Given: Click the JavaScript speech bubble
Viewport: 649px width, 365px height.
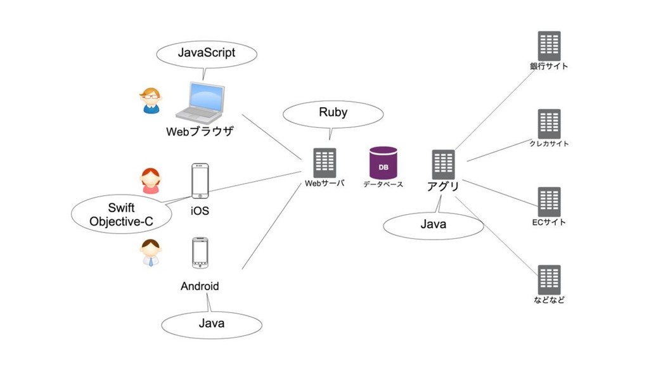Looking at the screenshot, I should [207, 53].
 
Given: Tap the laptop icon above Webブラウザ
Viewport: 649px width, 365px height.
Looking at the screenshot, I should [200, 101].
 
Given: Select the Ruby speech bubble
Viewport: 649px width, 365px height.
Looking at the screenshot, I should [333, 113].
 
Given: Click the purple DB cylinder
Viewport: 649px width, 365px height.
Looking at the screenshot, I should [383, 162].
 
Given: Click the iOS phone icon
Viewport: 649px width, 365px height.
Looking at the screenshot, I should [200, 181].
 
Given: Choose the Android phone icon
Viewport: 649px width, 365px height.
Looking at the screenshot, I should [200, 253].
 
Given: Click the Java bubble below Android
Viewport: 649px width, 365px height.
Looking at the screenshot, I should [212, 324].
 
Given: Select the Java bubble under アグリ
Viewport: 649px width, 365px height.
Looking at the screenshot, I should [434, 224].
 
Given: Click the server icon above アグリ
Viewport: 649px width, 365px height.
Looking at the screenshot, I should [443, 164].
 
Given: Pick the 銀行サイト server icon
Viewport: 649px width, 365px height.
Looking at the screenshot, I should [549, 46].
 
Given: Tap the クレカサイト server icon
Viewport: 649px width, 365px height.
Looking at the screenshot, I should [549, 124].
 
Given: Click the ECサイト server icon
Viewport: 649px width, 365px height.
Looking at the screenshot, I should [549, 202].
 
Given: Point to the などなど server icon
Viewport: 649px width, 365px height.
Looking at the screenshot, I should [549, 279].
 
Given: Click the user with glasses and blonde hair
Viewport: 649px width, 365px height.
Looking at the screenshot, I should [151, 101].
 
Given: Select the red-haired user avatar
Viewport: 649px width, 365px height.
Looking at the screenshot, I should [151, 181].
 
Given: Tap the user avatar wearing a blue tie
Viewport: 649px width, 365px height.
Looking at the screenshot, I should [151, 252].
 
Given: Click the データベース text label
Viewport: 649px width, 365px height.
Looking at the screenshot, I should [383, 184].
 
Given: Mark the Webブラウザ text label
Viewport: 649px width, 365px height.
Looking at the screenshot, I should [200, 132].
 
